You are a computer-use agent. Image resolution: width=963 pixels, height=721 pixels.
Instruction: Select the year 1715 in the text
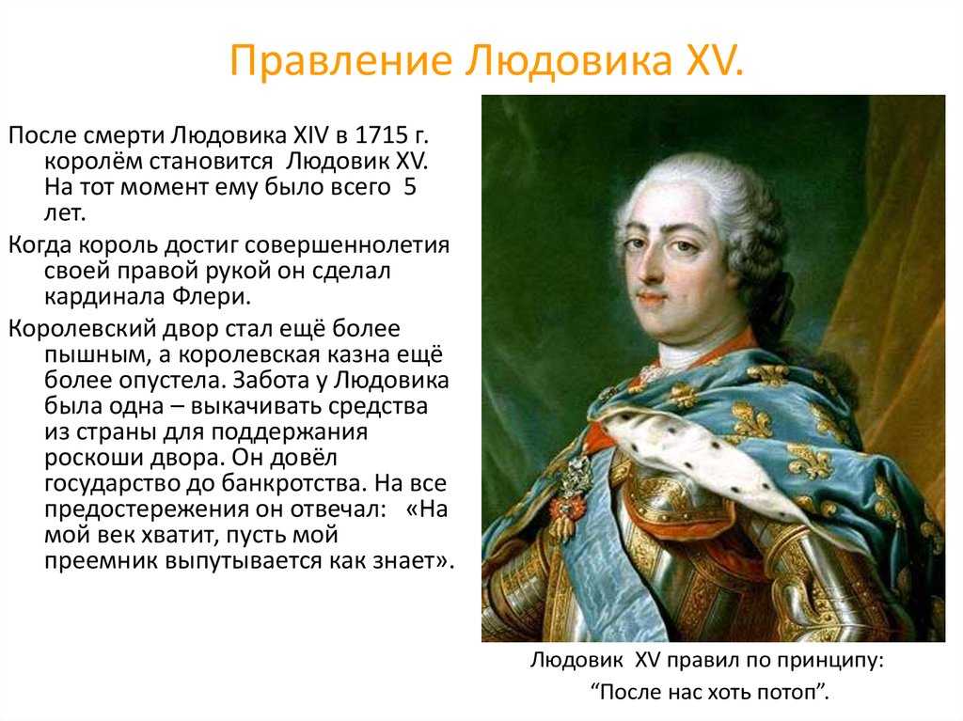click(x=378, y=134)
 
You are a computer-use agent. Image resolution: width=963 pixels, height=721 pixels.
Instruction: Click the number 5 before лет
click(x=410, y=187)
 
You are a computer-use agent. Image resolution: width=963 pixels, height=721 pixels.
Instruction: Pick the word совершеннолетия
click(x=347, y=244)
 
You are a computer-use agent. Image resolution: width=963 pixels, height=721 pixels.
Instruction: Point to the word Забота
click(x=270, y=380)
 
